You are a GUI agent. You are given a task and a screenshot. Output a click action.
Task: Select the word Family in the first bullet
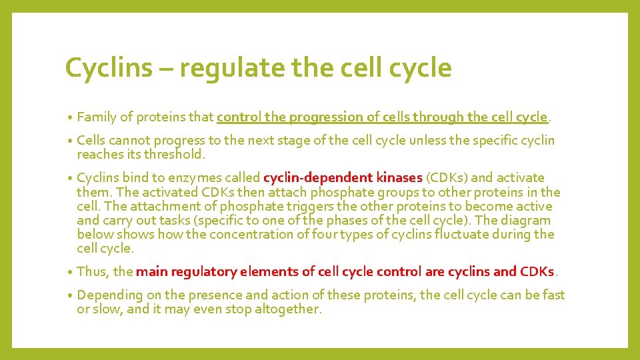pyautogui.click(x=97, y=117)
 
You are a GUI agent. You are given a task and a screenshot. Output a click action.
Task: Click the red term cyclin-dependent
pyautogui.click(x=317, y=178)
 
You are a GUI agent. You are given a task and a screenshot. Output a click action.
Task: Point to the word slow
pyautogui.click(x=108, y=309)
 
